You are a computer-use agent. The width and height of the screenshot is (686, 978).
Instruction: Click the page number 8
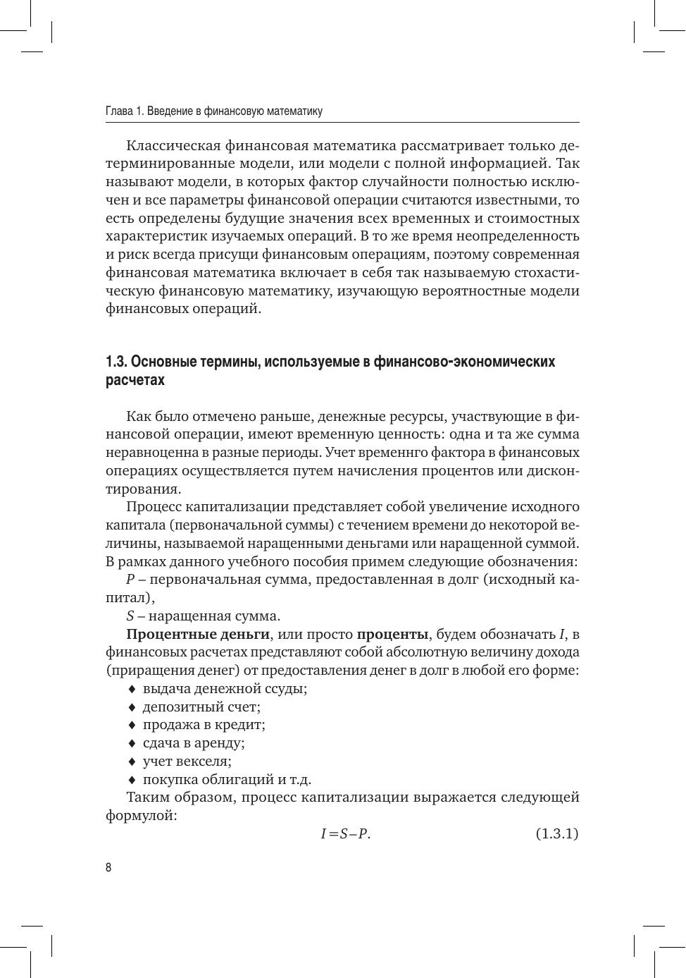point(108,867)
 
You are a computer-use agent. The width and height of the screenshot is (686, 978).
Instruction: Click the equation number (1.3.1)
point(556,833)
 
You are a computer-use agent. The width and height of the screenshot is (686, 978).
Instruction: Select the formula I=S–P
point(345,833)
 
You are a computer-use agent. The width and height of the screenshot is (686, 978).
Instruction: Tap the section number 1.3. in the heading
point(116,362)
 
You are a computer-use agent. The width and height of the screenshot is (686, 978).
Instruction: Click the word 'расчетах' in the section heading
point(135,380)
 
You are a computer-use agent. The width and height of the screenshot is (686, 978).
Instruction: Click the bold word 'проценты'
point(392,634)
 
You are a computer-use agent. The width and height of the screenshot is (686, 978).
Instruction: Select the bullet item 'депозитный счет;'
point(201,707)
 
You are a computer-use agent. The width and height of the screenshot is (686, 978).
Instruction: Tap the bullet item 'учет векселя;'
point(187,762)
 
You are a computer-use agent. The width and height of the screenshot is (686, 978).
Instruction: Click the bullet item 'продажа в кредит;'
point(204,725)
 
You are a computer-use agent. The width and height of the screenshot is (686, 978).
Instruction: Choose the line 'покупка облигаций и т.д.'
point(227,779)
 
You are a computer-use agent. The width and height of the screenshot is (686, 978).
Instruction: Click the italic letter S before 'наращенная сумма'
point(130,616)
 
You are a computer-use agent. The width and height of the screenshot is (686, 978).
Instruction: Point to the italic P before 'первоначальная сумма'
point(130,580)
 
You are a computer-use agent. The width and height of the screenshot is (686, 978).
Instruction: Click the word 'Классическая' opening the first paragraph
point(173,146)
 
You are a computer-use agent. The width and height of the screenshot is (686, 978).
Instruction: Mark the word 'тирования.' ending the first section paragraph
point(143,489)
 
